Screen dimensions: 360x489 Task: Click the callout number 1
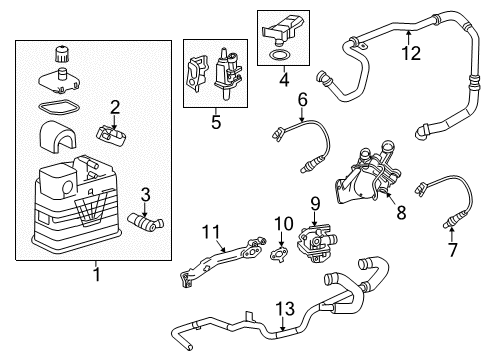click(96, 273)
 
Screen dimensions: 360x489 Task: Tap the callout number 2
click(115, 107)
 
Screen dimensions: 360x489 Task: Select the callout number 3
click(145, 195)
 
